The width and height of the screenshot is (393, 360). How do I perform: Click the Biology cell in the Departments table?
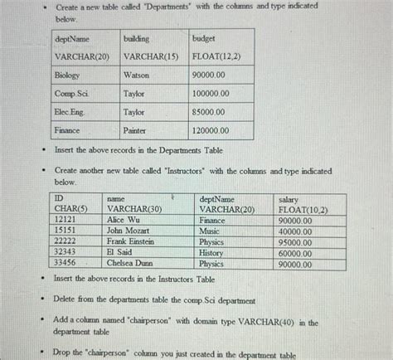point(68,75)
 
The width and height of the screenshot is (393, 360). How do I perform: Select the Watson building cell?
point(136,75)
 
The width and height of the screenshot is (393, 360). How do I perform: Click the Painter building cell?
point(134,131)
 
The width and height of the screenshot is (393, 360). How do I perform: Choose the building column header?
point(137,38)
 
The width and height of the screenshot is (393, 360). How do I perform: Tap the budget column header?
point(204,38)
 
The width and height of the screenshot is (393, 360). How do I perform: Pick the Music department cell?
point(210,231)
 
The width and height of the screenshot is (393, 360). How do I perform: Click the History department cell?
point(211,253)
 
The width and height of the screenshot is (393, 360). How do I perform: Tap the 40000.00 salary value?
point(296,231)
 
